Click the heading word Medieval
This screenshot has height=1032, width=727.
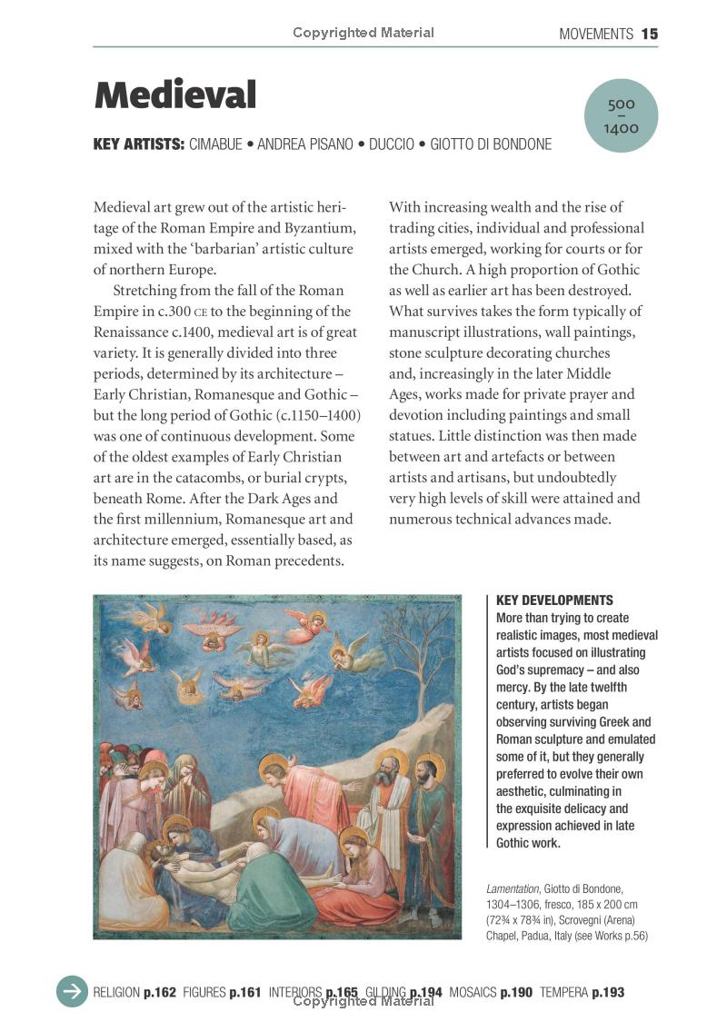pyautogui.click(x=174, y=94)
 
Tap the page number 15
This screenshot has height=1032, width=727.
pyautogui.click(x=649, y=35)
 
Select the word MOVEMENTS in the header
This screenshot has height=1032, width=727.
pyautogui.click(x=595, y=35)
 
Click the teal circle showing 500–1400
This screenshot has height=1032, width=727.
pyautogui.click(x=622, y=116)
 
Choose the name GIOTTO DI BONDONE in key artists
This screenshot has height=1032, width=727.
pyautogui.click(x=491, y=144)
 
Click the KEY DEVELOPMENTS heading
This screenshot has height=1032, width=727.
pyautogui.click(x=554, y=600)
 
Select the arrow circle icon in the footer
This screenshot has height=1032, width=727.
pyautogui.click(x=73, y=991)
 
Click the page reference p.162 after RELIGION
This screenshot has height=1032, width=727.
pyautogui.click(x=160, y=992)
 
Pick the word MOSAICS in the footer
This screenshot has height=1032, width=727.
pyautogui.click(x=473, y=992)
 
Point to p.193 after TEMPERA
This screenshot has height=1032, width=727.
pyautogui.click(x=608, y=992)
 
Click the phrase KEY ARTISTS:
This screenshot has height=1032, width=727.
pyautogui.click(x=139, y=144)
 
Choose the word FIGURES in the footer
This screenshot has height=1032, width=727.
pyautogui.click(x=204, y=992)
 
